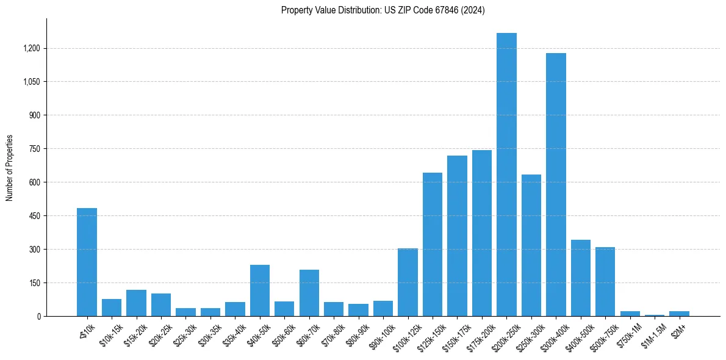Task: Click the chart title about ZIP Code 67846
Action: pos(383,10)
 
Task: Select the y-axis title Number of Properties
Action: pos(10,167)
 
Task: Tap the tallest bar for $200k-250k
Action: pos(506,175)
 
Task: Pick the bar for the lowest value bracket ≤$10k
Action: pos(87,262)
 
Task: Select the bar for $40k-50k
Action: pos(260,290)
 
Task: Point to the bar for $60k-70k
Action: pos(309,293)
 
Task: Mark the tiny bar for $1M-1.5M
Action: pos(655,315)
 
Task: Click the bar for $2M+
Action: pos(679,314)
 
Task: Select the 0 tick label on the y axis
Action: pos(38,316)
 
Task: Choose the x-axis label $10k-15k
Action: pos(110,333)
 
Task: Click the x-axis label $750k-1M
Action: pos(628,333)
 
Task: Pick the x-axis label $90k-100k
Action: pos(381,334)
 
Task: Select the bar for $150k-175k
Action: pos(457,236)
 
